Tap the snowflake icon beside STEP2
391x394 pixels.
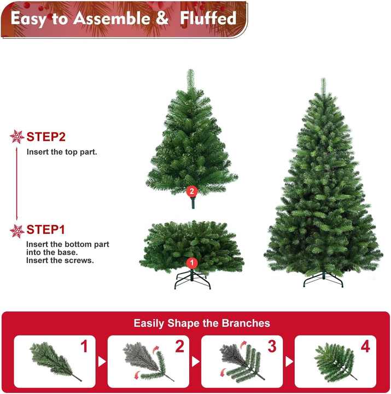17,137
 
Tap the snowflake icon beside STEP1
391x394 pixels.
17,231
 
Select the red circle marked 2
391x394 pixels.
191,191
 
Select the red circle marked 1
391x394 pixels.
191,263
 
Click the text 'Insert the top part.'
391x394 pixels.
62,152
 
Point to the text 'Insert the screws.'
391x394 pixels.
60,260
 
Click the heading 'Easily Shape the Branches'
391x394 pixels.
202,323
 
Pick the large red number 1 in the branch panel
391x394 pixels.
84,346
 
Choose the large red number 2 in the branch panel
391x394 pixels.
179,346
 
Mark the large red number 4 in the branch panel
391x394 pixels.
365,346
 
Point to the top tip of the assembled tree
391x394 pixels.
323,81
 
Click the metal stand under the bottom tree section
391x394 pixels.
191,280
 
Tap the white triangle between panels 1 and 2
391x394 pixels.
101,362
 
